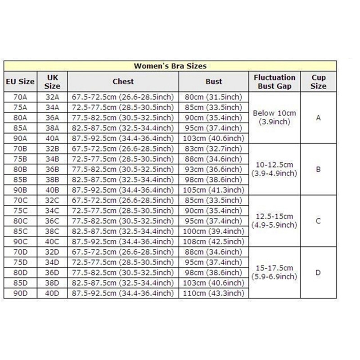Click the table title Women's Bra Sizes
170,66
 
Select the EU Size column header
20,82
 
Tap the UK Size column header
52,81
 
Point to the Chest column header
123,81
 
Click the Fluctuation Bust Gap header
274,81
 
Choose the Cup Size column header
318,81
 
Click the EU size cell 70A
20,97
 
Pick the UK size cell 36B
52,169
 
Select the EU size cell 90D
20,293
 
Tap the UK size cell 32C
52,200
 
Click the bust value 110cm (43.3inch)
214,293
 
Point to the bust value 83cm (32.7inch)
214,148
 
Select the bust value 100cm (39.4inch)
214,231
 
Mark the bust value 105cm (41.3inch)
214,190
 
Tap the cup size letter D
318,273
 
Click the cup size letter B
318,170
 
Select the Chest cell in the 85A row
123,128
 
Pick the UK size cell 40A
52,139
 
